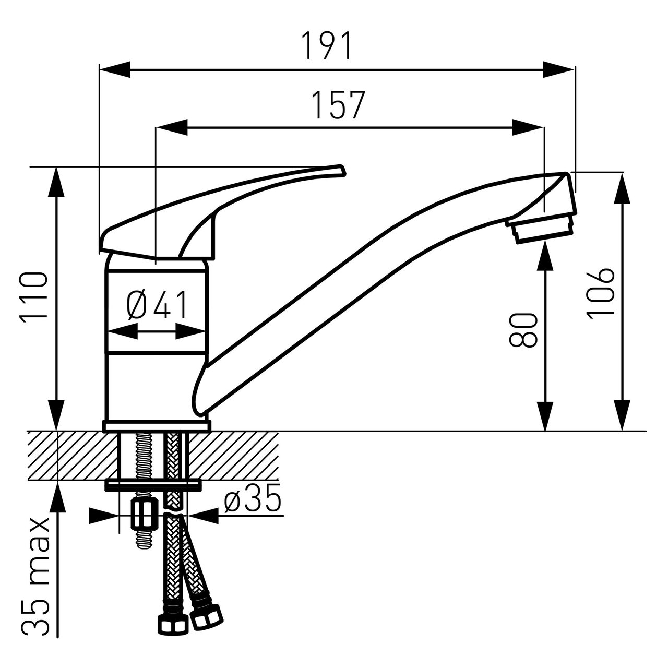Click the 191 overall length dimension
327,46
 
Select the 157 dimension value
338,105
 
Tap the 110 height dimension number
33,297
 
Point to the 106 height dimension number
600,293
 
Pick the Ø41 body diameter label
157,305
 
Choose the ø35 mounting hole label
252,498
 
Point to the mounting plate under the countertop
153,485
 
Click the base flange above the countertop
157,426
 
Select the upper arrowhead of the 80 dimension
545,255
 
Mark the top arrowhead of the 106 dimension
622,188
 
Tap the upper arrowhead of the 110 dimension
56,183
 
